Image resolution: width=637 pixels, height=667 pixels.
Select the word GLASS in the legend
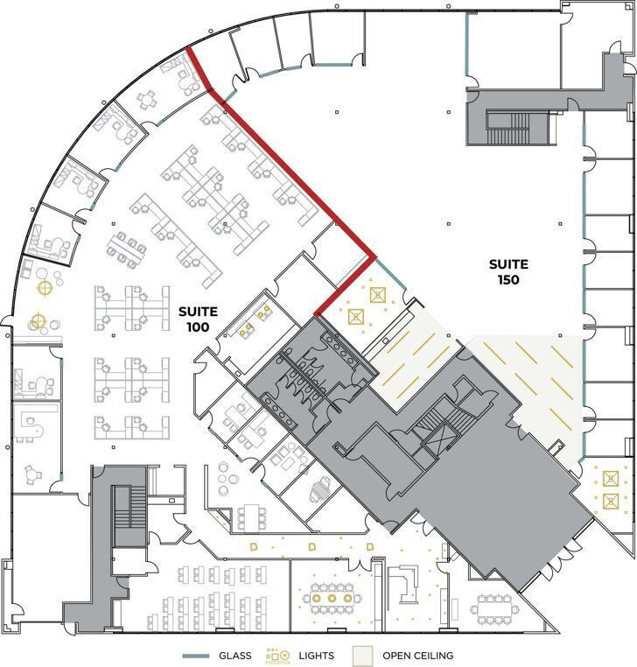click(234, 656)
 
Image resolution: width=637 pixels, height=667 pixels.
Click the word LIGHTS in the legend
click(316, 656)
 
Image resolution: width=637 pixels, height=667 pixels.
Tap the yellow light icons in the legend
click(279, 655)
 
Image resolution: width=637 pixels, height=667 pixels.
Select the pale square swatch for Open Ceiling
click(361, 655)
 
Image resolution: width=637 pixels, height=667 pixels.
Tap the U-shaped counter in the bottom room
click(405, 584)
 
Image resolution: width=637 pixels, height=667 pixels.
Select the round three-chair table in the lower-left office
click(33, 474)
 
